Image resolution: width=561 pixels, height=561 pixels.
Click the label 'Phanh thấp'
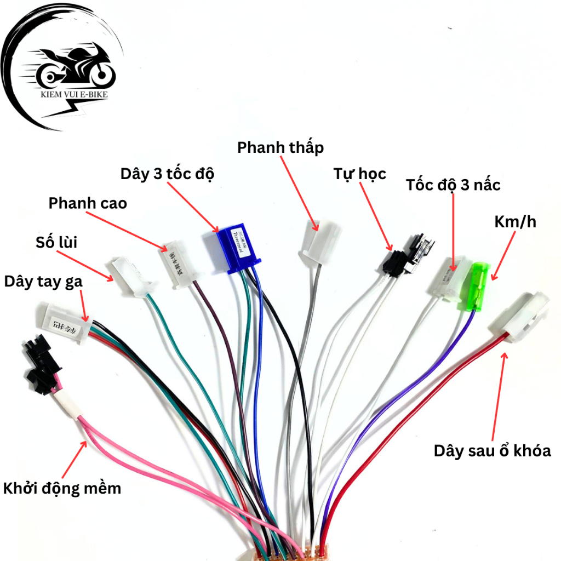click(280, 147)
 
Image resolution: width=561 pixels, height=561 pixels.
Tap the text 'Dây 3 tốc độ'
click(167, 174)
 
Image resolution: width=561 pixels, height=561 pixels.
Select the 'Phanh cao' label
click(88, 204)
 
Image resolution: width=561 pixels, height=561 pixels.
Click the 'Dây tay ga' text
click(43, 282)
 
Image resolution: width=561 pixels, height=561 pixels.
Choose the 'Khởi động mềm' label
click(62, 488)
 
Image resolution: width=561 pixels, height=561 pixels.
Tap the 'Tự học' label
click(360, 174)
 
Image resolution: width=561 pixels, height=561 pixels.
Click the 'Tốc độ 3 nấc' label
click(453, 185)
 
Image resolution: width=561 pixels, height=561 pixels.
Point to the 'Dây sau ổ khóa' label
click(492, 451)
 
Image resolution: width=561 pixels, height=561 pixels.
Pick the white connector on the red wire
click(521, 316)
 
